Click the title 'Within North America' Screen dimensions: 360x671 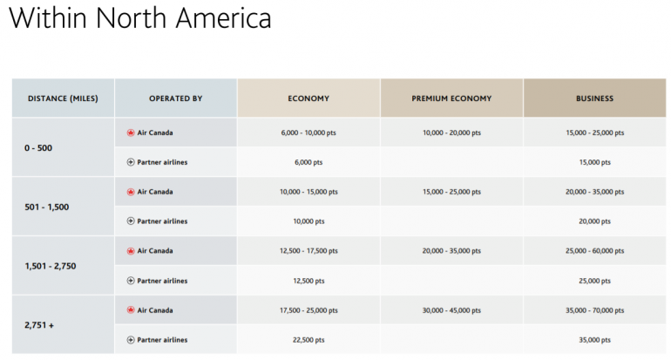[140, 19]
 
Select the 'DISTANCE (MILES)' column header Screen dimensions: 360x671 [63, 98]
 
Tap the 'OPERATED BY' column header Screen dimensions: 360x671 [175, 98]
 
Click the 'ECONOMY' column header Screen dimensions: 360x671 [308, 98]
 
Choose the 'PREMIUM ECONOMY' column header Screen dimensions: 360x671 [451, 98]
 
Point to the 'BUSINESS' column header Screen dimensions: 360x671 [594, 98]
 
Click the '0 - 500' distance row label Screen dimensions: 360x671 [38, 148]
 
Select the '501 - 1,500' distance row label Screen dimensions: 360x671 [47, 207]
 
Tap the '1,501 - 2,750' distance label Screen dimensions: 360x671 [51, 266]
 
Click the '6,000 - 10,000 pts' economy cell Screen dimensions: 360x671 [308, 133]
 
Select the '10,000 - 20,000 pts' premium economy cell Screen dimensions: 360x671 [451, 133]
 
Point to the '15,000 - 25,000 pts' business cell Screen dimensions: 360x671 [594, 133]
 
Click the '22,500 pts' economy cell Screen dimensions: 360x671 [308, 340]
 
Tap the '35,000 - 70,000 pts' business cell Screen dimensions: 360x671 [594, 310]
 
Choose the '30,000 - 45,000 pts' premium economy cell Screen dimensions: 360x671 [451, 310]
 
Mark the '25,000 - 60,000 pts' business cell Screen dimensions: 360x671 [594, 251]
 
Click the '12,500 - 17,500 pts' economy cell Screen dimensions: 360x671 [308, 251]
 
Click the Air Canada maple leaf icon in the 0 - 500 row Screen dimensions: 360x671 [131, 133]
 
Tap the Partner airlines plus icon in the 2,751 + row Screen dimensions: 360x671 [131, 340]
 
